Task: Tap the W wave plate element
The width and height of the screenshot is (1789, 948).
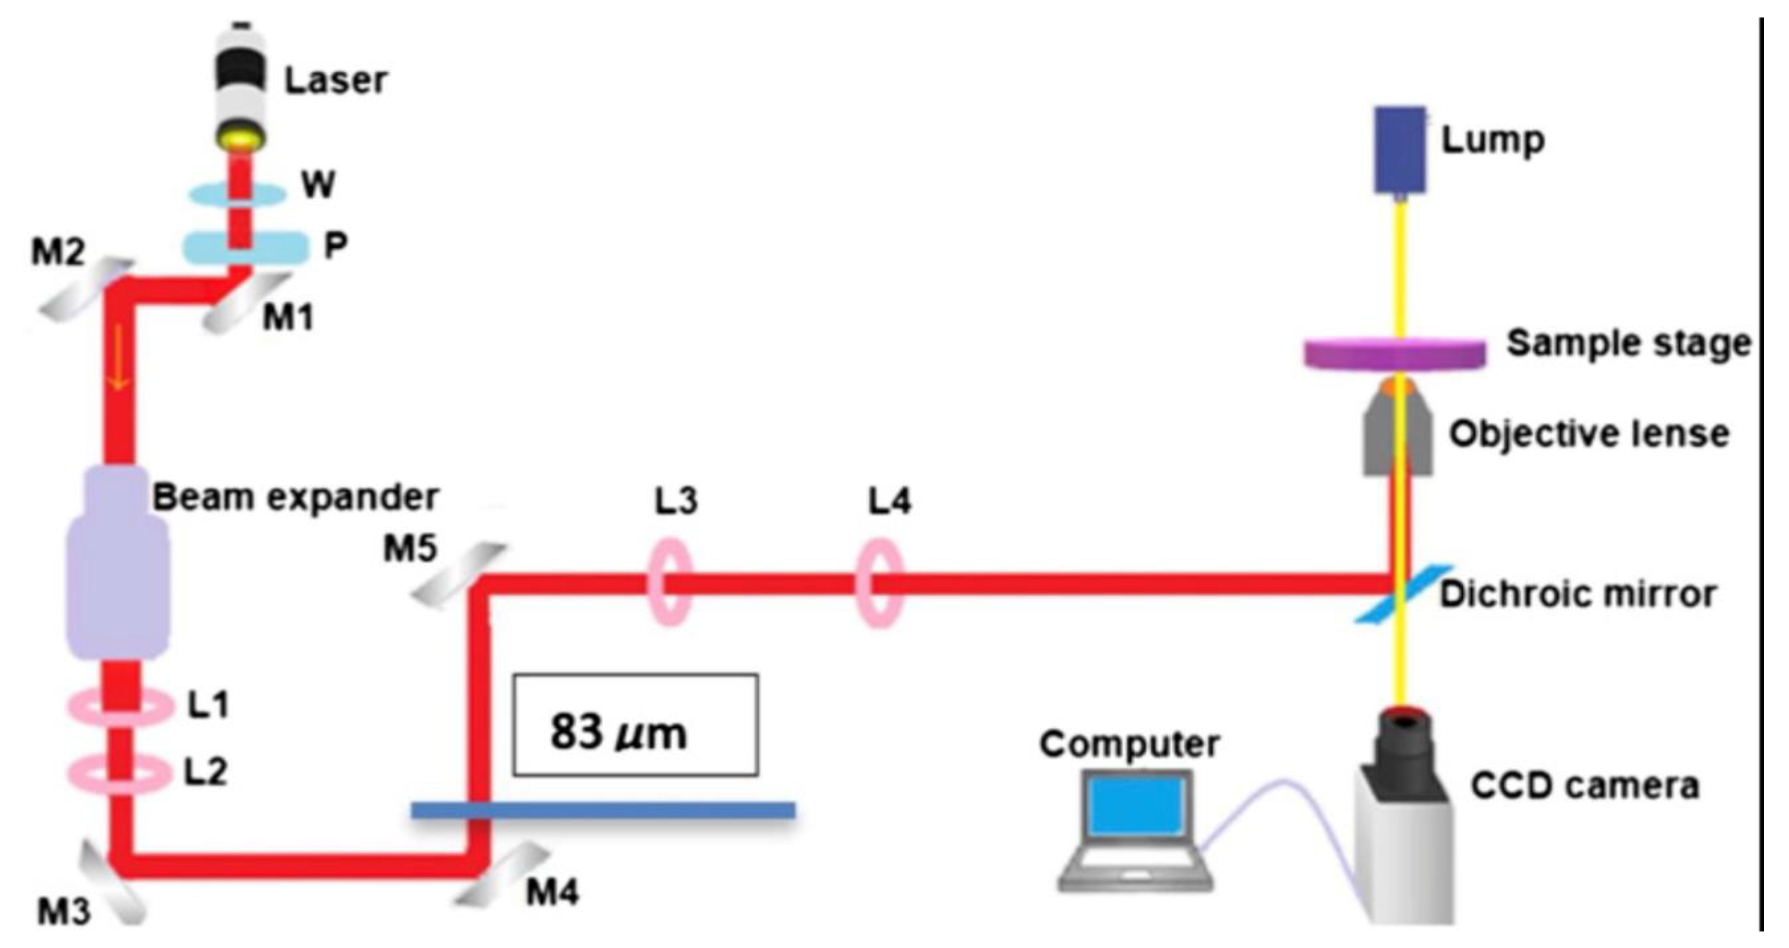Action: [238, 194]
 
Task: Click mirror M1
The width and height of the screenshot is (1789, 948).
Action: [247, 304]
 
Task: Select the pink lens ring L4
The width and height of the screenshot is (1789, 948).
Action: [879, 584]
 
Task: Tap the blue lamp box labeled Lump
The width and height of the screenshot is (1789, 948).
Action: [1399, 149]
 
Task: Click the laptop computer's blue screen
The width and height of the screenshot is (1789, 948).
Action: [1136, 806]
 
